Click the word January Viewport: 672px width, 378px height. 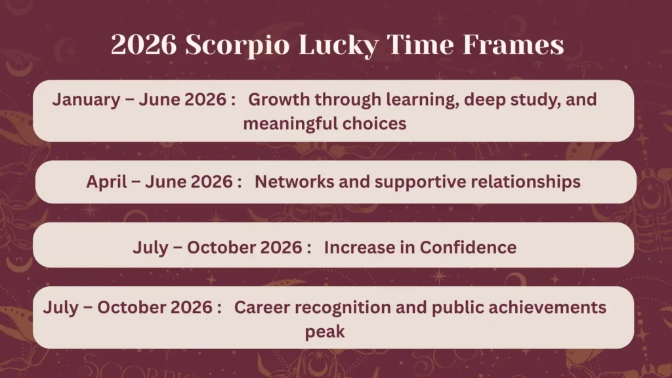point(85,100)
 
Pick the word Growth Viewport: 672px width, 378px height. point(278,100)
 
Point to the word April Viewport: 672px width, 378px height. point(106,182)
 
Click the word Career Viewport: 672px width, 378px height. point(259,307)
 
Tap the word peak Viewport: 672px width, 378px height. point(324,331)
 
